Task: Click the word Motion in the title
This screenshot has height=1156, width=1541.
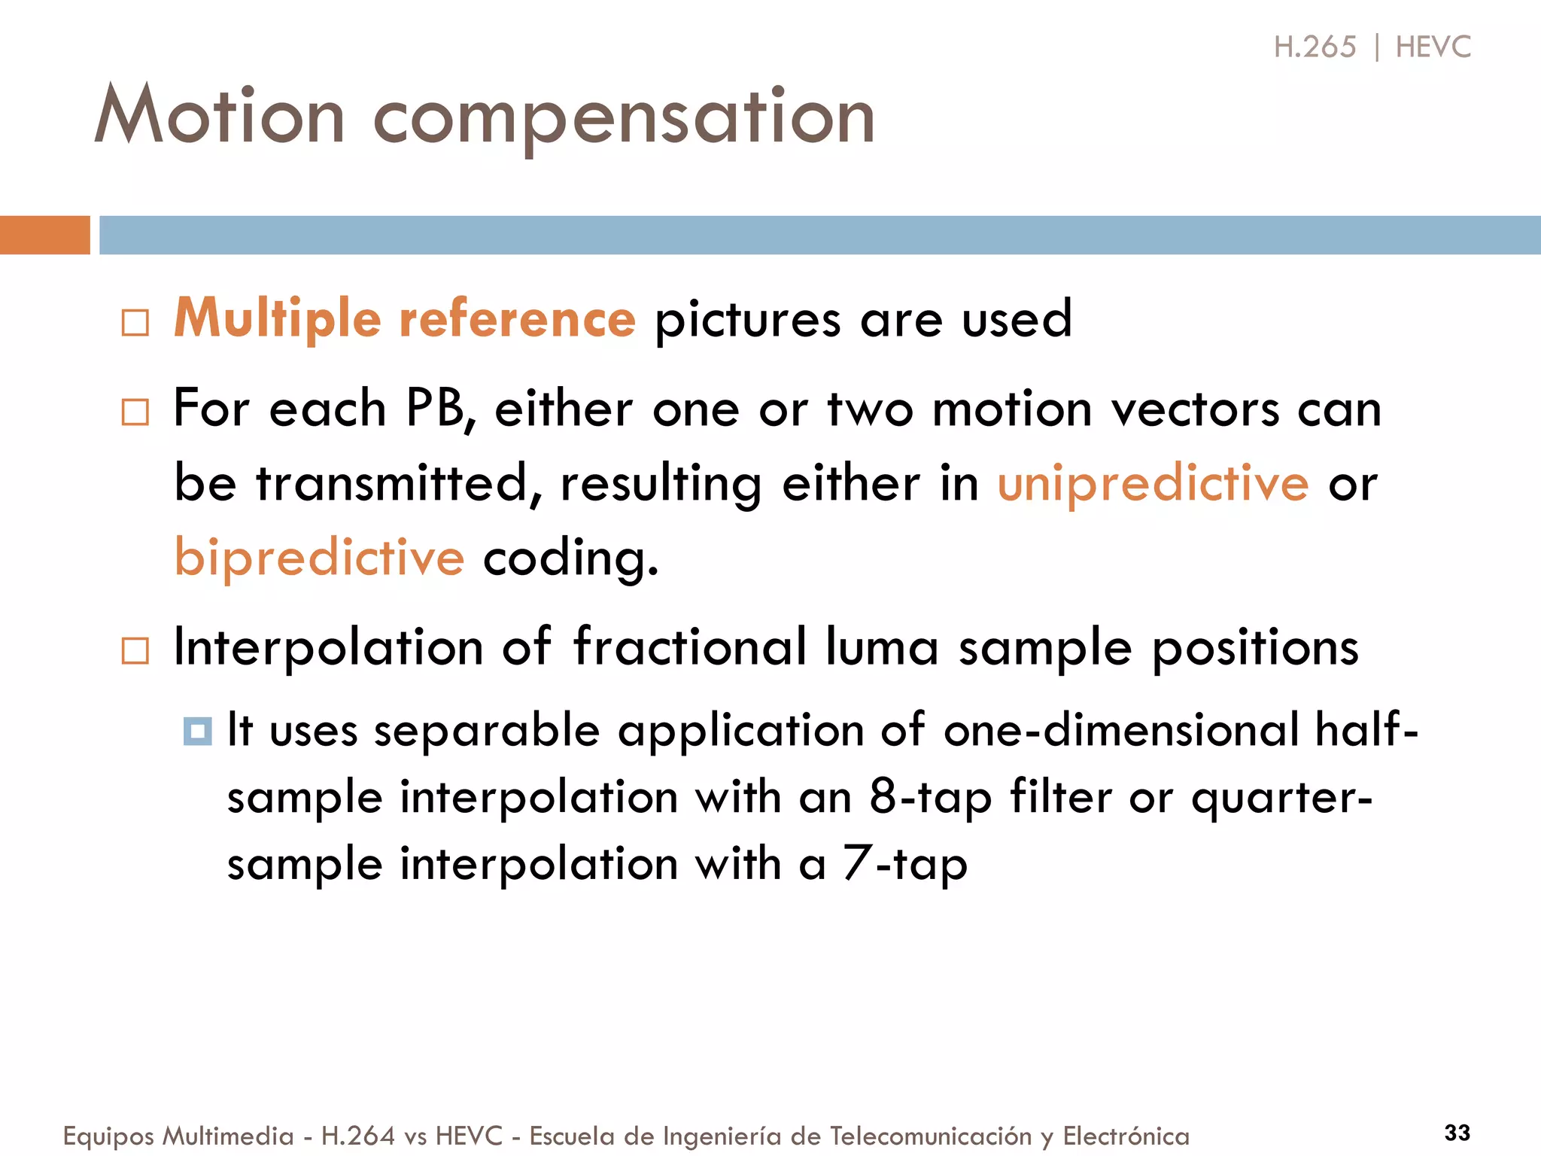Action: (x=219, y=117)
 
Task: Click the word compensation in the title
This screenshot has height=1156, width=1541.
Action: (x=624, y=120)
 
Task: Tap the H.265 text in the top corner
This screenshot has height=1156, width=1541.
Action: (x=1315, y=47)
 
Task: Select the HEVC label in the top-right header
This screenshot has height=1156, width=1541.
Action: (x=1433, y=47)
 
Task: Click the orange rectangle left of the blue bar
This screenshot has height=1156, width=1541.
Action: (x=44, y=235)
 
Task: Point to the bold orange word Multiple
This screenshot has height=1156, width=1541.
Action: (x=278, y=319)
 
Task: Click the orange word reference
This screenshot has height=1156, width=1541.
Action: (x=518, y=319)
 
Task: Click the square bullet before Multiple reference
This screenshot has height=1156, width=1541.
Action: (x=135, y=324)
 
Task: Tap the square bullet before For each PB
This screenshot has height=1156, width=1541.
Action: (x=135, y=412)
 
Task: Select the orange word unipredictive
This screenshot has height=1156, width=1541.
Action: (x=1153, y=484)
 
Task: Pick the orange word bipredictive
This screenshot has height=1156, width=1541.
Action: (x=319, y=558)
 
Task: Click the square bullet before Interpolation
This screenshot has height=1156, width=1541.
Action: (x=135, y=651)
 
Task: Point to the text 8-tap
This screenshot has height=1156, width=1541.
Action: (x=930, y=798)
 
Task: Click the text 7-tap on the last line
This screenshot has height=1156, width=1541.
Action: (x=904, y=864)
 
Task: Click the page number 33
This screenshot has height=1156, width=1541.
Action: (x=1457, y=1133)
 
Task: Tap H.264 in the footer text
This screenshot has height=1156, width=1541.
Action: (x=357, y=1136)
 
